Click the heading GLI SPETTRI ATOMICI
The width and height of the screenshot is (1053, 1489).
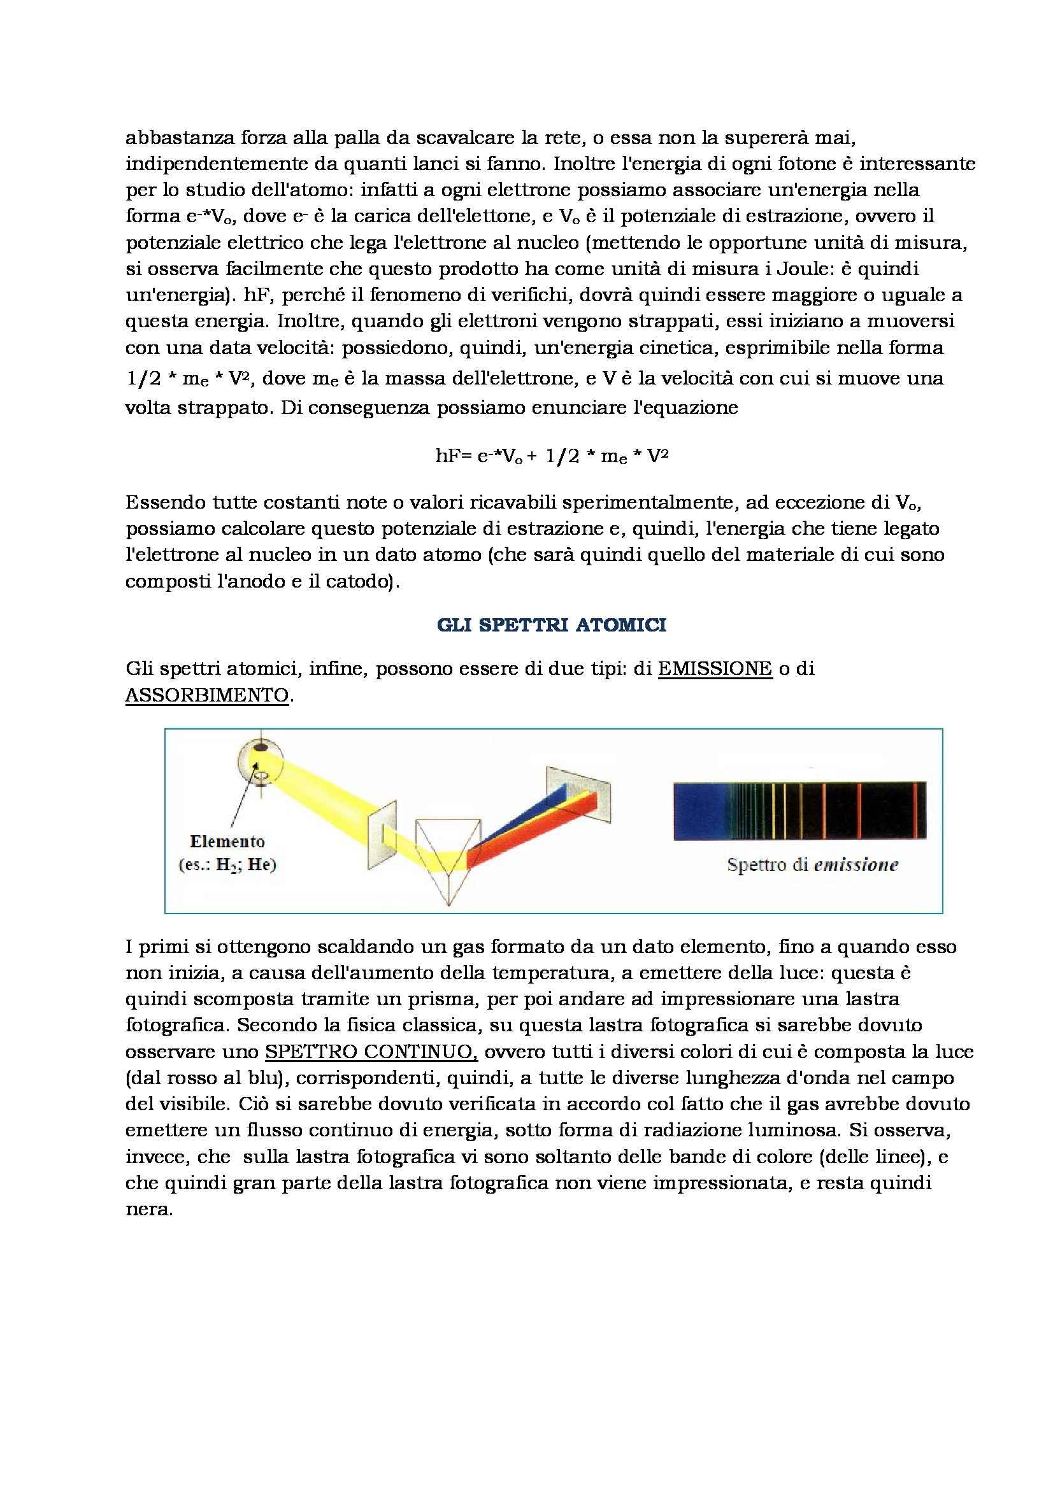(552, 625)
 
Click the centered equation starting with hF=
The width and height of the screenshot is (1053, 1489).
(552, 456)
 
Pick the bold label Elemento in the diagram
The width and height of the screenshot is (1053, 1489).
(227, 842)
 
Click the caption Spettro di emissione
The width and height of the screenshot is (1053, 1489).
(812, 864)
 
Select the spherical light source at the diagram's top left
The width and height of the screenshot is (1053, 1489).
(260, 760)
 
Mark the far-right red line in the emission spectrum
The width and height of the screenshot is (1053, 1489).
(915, 810)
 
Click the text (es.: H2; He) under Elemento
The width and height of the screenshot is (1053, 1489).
(227, 864)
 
